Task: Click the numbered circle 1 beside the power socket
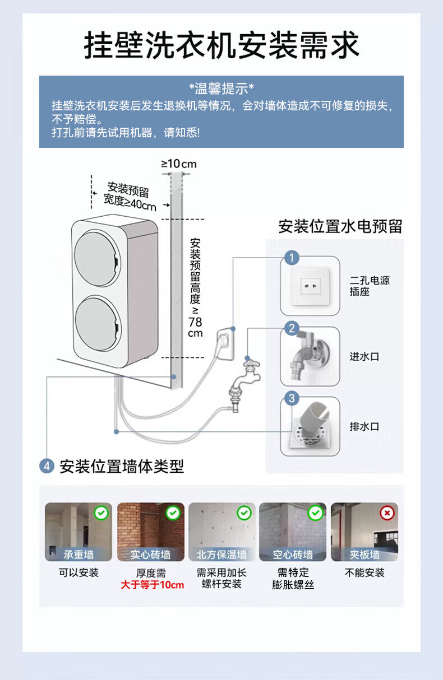[292, 258]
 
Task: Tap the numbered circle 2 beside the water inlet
[292, 328]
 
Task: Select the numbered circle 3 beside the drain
[292, 398]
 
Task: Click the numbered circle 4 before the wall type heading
[47, 466]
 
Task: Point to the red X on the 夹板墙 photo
[387, 513]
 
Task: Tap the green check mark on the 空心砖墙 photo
[316, 513]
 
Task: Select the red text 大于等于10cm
[152, 585]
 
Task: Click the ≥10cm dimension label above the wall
[179, 164]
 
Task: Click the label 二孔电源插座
[369, 286]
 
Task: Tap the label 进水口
[364, 356]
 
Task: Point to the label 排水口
[364, 426]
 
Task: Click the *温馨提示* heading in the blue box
[221, 89]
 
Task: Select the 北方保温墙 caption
[221, 555]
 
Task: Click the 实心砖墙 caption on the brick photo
[150, 555]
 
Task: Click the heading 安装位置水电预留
[340, 227]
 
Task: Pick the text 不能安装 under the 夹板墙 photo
[364, 572]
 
